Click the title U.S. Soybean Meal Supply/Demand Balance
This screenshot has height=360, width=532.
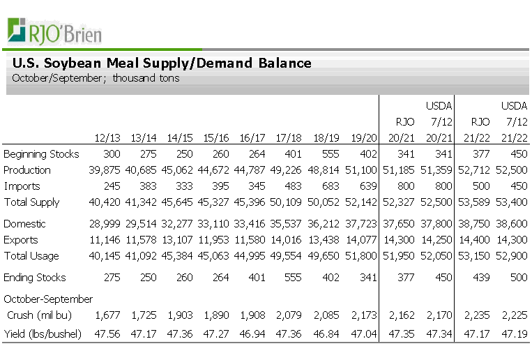[x=162, y=63]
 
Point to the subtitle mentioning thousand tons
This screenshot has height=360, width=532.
[x=96, y=78]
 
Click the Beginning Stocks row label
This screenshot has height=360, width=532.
[x=41, y=154]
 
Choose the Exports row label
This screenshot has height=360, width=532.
[x=22, y=240]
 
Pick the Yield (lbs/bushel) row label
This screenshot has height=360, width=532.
[x=43, y=334]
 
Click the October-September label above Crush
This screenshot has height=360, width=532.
[x=48, y=299]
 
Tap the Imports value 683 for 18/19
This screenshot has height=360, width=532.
[x=330, y=186]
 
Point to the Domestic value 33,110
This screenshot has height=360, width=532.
[x=215, y=224]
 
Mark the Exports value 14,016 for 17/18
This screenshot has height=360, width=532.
[x=288, y=240]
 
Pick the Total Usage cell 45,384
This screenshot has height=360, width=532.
[x=179, y=256]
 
